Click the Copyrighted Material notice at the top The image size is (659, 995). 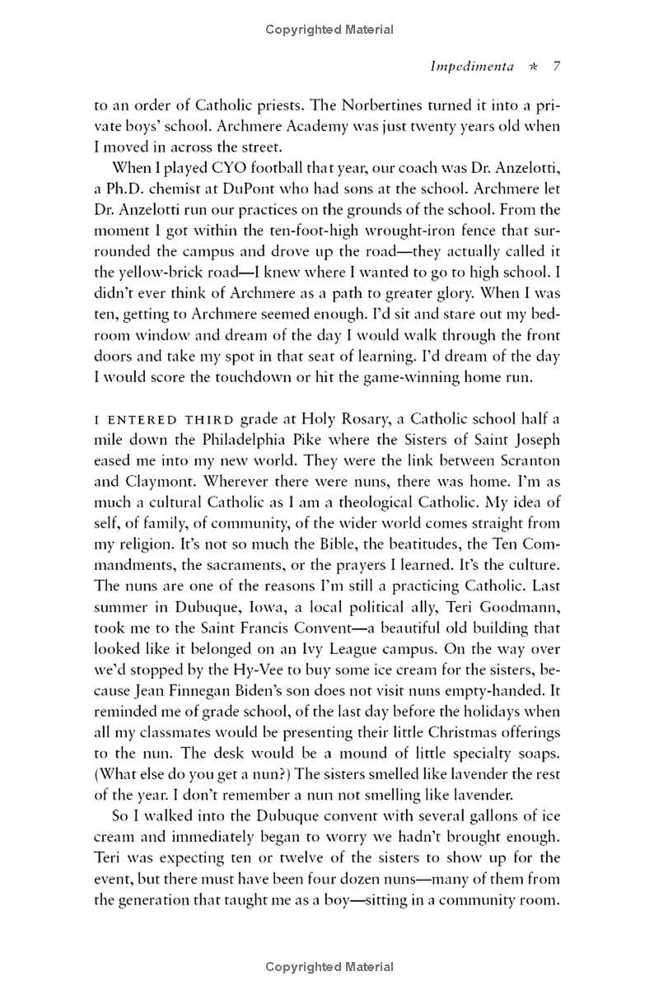coord(329,30)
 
